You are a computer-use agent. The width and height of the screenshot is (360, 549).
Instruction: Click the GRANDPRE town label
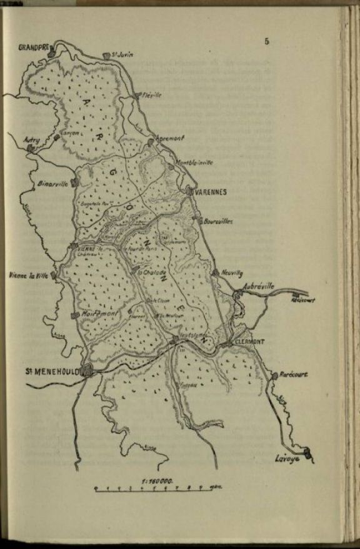point(33,48)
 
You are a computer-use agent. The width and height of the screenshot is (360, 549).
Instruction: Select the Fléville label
point(152,96)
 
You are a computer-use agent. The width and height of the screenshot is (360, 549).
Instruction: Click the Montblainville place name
point(194,163)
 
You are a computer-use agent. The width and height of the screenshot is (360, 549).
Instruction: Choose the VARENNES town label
point(211,192)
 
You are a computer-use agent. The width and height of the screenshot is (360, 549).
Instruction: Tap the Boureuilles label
point(218,221)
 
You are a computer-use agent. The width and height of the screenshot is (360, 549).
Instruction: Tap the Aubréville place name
point(259,286)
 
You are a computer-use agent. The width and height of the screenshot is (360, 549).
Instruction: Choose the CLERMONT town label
point(249,341)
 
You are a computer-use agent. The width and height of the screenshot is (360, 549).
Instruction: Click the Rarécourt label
point(294,375)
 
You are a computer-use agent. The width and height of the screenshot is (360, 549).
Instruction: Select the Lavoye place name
point(287,459)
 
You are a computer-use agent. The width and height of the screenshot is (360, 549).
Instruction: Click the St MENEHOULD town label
point(53,371)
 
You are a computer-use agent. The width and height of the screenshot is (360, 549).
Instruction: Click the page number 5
point(267,42)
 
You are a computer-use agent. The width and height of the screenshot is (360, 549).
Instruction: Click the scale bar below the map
point(153,488)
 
